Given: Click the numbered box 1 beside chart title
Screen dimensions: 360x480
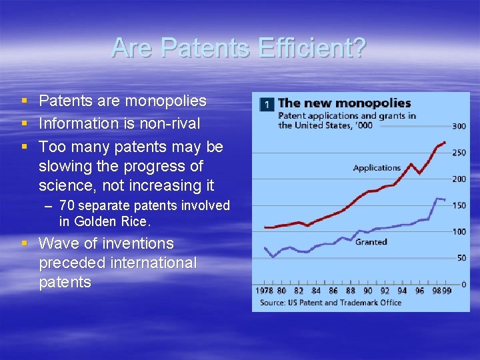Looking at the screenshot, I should click(267, 105).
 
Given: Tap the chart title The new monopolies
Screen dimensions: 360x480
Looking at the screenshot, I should click(344, 103).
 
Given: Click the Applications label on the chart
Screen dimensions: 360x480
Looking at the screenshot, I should click(377, 168).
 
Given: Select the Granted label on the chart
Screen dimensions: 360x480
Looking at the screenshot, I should click(371, 242).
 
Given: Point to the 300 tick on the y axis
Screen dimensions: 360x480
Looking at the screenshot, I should click(459, 127).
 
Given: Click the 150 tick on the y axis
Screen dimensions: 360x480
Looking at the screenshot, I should click(459, 205).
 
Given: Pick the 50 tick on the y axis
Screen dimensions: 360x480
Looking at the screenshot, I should click(461, 258).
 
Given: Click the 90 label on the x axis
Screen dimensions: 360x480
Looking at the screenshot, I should click(367, 291).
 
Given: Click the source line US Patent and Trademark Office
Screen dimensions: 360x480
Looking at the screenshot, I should click(331, 303).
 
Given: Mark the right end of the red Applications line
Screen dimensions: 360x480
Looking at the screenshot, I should click(445, 142).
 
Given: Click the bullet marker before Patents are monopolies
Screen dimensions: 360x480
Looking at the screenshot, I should click(24, 101).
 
